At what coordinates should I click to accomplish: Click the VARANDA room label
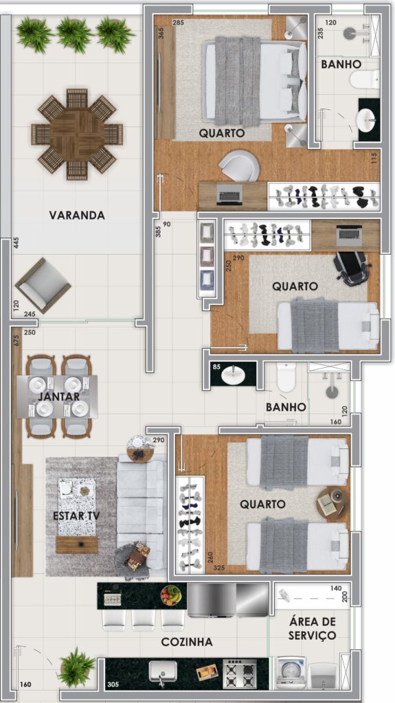click(x=77, y=215)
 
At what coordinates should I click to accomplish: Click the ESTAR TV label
click(x=76, y=516)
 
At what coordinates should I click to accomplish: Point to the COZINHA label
click(x=187, y=642)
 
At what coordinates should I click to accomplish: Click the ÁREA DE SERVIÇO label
click(x=312, y=628)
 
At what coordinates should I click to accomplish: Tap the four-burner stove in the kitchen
click(x=240, y=673)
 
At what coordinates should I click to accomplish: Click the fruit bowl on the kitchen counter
click(x=171, y=595)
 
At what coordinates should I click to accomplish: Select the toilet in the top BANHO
click(x=365, y=80)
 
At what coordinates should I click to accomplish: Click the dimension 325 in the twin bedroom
click(x=219, y=568)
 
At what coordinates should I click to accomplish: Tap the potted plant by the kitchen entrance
click(x=76, y=667)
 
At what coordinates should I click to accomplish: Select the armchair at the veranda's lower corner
click(x=43, y=286)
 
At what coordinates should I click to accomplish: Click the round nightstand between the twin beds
click(x=332, y=503)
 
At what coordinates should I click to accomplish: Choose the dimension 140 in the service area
click(x=336, y=588)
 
